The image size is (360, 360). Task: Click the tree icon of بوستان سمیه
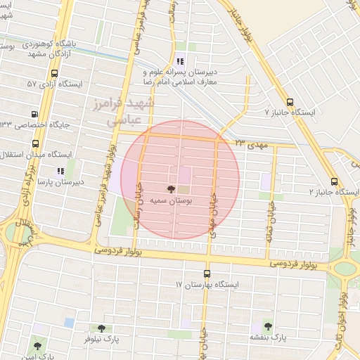pos(170,188)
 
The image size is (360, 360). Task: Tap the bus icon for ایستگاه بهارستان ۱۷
pos(207,274)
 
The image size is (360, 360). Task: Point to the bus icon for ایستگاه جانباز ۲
pos(334,180)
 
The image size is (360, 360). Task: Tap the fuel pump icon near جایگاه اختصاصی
pos(34,114)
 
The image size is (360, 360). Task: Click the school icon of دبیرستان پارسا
pos(60,170)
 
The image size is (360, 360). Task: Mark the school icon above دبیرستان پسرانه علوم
pos(181,60)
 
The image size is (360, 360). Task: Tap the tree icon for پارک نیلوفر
pos(101,328)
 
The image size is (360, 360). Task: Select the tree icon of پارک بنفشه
pos(268,326)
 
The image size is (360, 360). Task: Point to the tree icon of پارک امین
pos(37,345)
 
